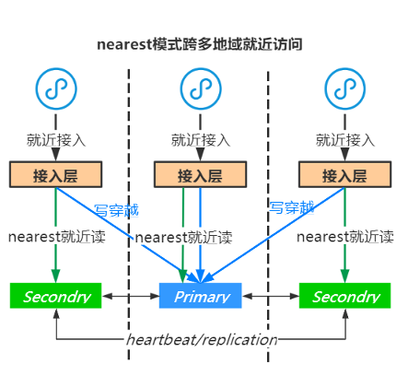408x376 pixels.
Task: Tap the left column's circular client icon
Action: [x=55, y=88]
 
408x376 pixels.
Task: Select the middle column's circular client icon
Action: [x=200, y=88]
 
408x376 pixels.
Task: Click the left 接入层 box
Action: [x=55, y=175]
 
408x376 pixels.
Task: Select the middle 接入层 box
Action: [x=200, y=175]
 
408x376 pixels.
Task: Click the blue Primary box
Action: [x=200, y=296]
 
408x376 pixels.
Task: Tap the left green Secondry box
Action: [x=56, y=296]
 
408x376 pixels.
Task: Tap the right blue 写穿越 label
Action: [x=291, y=207]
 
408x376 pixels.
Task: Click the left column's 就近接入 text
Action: [x=55, y=140]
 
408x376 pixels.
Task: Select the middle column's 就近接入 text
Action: [x=200, y=140]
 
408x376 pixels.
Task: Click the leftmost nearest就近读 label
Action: [x=56, y=236]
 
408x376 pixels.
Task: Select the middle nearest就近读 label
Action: [x=183, y=237]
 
